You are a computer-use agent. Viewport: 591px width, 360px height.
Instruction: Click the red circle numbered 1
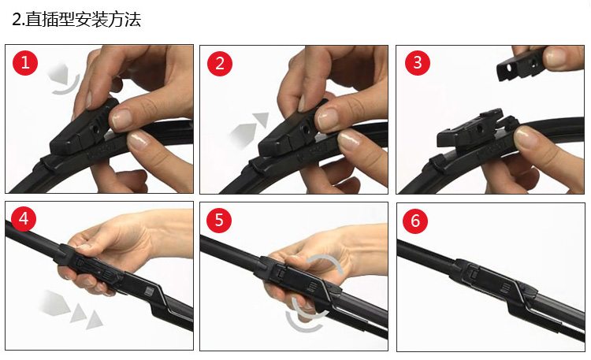click(25, 62)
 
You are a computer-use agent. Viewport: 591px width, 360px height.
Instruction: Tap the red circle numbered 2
click(220, 63)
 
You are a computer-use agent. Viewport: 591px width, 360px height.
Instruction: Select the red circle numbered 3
click(418, 62)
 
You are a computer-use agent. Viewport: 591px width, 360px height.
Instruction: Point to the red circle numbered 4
click(24, 219)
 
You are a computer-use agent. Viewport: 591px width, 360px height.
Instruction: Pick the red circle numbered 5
click(219, 220)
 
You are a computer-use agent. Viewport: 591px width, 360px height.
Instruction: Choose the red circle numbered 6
click(415, 221)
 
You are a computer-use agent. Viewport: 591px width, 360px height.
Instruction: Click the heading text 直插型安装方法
click(83, 20)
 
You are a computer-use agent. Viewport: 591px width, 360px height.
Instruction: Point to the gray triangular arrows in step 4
click(69, 309)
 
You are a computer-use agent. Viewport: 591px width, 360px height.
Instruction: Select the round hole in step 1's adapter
click(95, 129)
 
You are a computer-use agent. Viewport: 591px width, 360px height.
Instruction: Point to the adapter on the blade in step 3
click(470, 129)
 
